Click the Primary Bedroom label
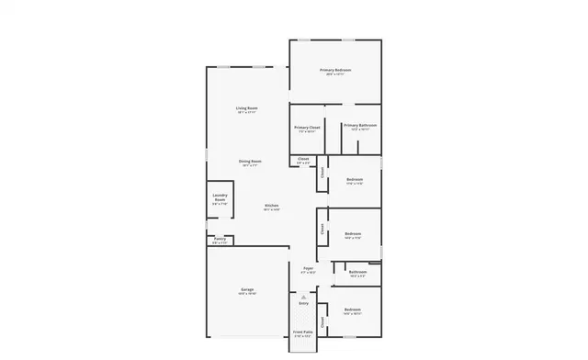click(x=335, y=70)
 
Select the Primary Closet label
click(x=307, y=128)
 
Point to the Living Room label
click(x=246, y=107)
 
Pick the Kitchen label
click(x=272, y=205)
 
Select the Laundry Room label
click(x=220, y=197)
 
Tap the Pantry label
click(x=220, y=239)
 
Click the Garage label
click(x=247, y=289)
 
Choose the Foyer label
click(x=309, y=268)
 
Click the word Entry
click(x=304, y=303)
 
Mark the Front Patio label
click(x=302, y=332)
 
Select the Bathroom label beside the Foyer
click(x=357, y=271)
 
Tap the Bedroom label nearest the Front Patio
click(x=353, y=309)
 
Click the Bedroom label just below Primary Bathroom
click(x=354, y=179)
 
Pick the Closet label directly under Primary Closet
click(x=303, y=160)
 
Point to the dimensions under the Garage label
click(x=247, y=294)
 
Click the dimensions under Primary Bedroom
click(x=335, y=74)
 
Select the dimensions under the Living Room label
click(x=246, y=112)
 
